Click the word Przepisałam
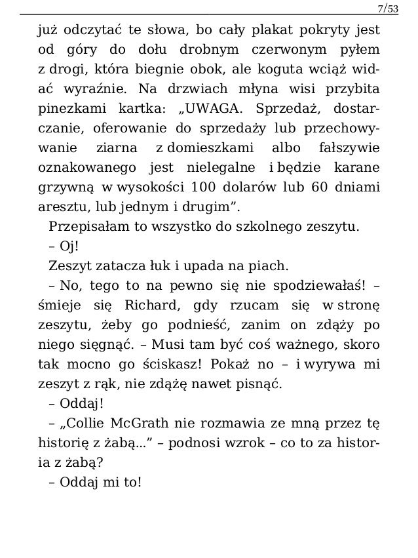(82, 228)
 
